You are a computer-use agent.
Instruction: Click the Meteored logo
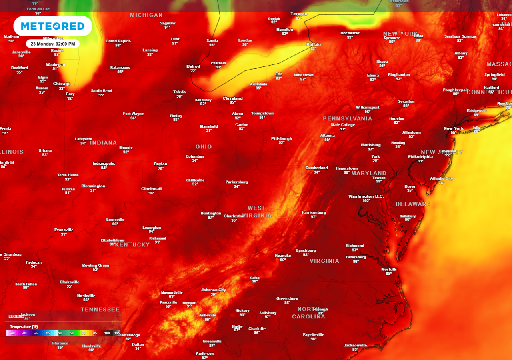click(53, 26)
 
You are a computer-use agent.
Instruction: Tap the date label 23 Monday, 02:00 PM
click(53, 44)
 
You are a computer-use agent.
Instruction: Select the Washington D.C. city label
click(366, 196)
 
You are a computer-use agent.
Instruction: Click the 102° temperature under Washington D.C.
click(366, 200)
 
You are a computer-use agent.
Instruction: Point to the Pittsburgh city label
click(282, 138)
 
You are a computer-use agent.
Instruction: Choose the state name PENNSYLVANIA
click(347, 118)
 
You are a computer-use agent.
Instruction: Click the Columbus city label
click(195, 156)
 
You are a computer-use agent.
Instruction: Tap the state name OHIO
click(204, 147)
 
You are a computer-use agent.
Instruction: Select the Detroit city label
click(193, 66)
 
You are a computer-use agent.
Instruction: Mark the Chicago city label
click(62, 84)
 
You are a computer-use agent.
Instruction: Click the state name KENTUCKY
click(132, 245)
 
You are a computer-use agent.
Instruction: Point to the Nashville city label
click(86, 296)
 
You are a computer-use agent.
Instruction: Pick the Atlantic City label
click(442, 178)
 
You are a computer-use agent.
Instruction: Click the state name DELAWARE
click(413, 204)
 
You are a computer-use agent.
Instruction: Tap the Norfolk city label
click(389, 269)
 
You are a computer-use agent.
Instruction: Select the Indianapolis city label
click(104, 163)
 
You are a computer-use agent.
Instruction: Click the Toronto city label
click(299, 14)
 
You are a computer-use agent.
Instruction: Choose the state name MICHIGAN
click(146, 15)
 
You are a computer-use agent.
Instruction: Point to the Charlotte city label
click(257, 328)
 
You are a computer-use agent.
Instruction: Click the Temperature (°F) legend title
click(24, 327)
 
